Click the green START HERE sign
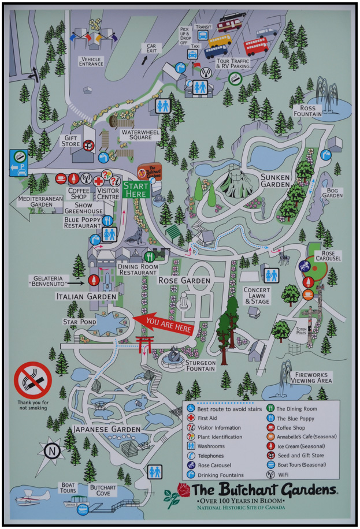pyautogui.click(x=136, y=189)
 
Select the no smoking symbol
pyautogui.click(x=33, y=379)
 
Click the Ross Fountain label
pyautogui.click(x=307, y=111)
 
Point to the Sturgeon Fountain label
pyautogui.click(x=201, y=366)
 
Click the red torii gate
pyautogui.click(x=143, y=344)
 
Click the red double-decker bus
pyautogui.click(x=256, y=46)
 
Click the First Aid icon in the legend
pyautogui.click(x=192, y=418)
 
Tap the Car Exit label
pyautogui.click(x=151, y=48)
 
